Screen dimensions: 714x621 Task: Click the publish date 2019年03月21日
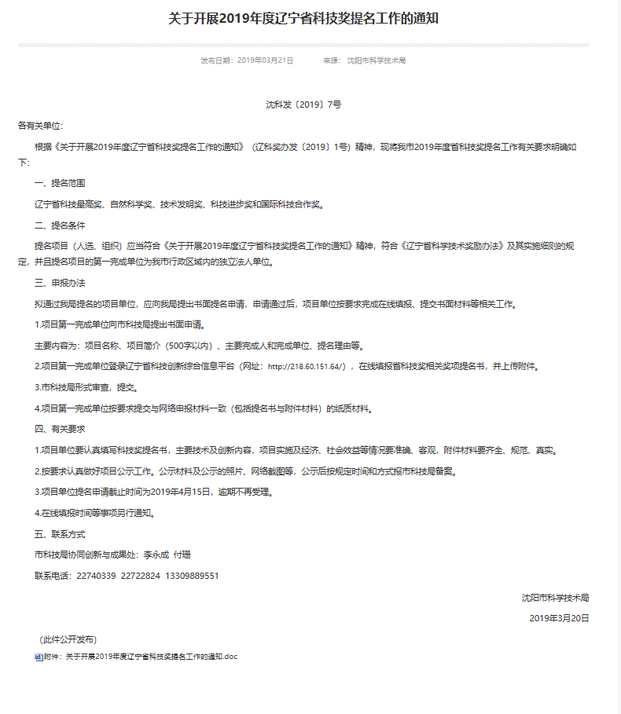265,60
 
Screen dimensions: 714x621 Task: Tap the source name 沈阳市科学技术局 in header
377,60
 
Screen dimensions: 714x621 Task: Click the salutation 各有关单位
40,126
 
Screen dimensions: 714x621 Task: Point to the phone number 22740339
96,576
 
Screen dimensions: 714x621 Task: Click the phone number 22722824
141,576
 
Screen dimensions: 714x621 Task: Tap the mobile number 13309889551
193,576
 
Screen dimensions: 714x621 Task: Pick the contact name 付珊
182,555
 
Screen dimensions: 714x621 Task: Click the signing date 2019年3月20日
559,618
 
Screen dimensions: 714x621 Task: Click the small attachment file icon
38,657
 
